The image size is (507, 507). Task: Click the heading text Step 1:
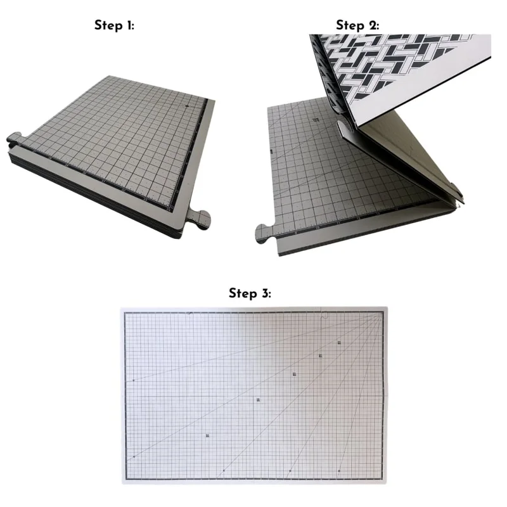(114, 25)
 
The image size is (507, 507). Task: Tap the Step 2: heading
(357, 25)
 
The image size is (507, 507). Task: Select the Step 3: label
(250, 293)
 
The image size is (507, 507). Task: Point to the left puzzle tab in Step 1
(14, 139)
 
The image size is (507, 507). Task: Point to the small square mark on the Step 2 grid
(315, 120)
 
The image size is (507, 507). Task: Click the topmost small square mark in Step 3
(339, 342)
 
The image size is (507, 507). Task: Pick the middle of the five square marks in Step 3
(294, 374)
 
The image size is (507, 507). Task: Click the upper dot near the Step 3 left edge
(134, 381)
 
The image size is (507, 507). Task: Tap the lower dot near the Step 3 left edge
(134, 457)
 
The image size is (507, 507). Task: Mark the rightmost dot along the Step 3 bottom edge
(339, 471)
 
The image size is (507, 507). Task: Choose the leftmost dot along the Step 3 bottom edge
(224, 470)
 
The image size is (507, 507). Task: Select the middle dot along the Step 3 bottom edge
(290, 471)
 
